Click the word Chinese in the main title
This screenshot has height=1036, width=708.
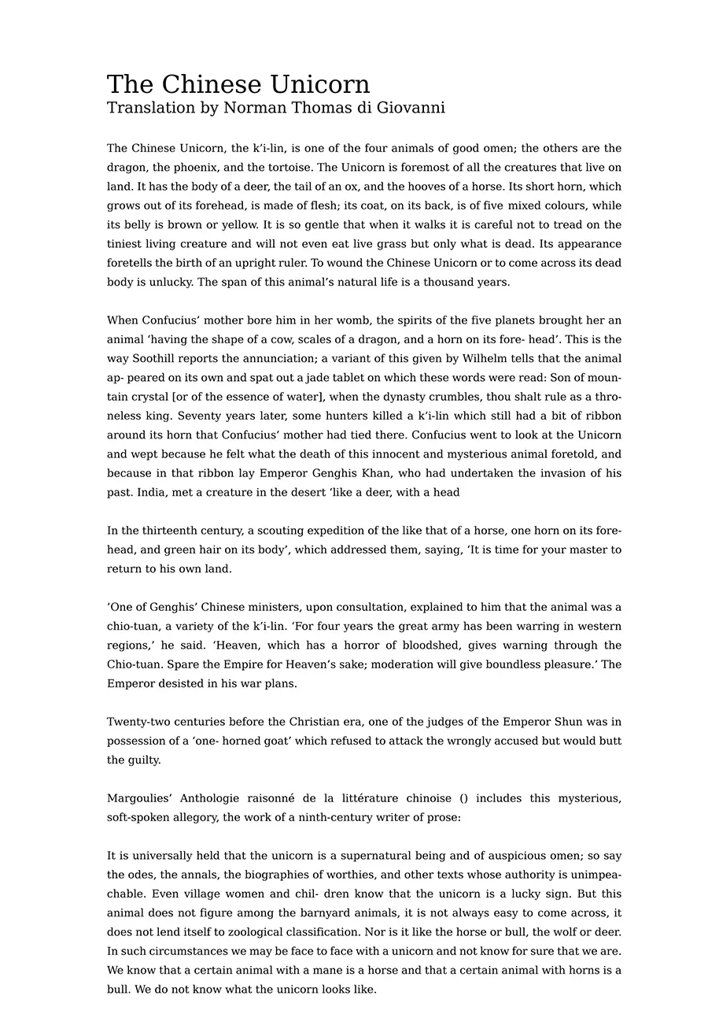coord(213,85)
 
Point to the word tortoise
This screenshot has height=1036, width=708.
coord(287,168)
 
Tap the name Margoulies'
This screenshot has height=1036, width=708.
coord(140,798)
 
